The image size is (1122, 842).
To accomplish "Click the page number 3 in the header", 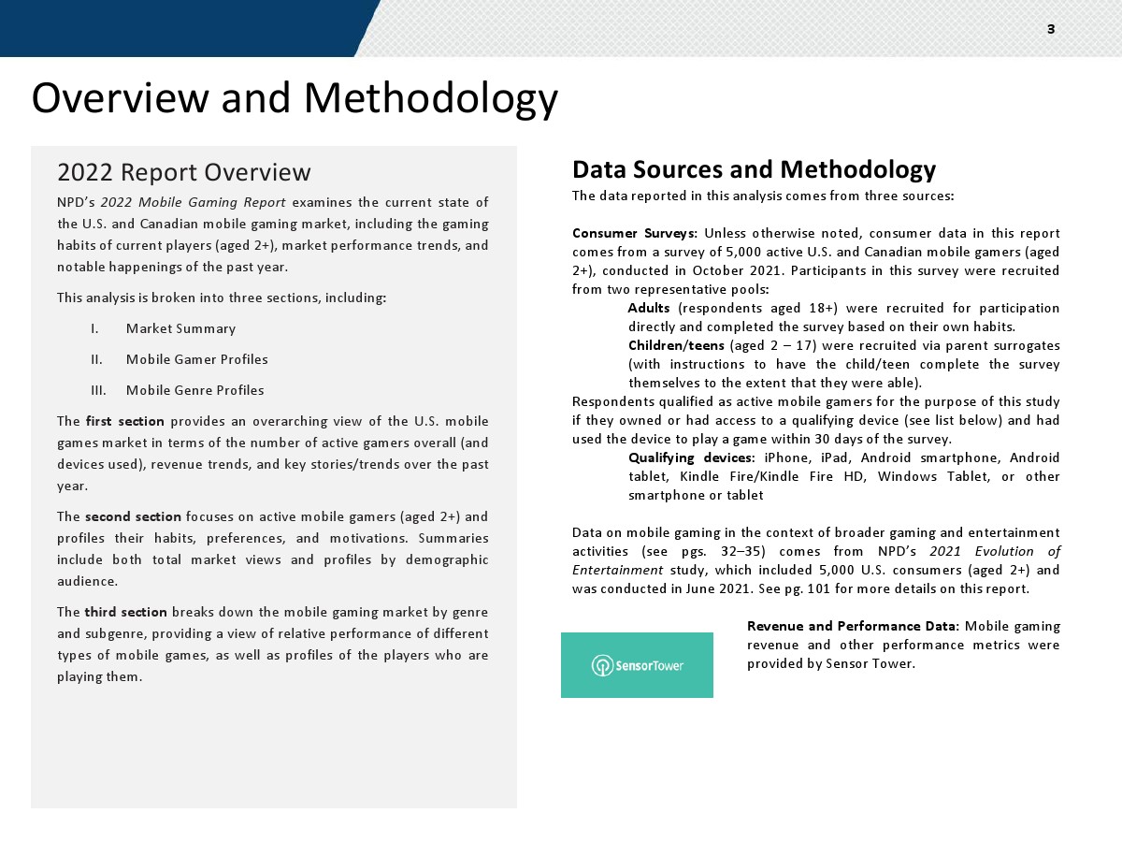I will [x=1051, y=29].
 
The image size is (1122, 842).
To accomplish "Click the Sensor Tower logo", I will [x=637, y=665].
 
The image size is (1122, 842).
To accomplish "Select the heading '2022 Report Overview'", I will [x=184, y=173].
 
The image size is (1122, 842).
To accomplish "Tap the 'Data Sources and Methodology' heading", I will [x=754, y=169].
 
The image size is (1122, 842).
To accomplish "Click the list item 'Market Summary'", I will [x=180, y=328].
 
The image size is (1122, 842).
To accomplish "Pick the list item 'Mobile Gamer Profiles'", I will [x=196, y=359].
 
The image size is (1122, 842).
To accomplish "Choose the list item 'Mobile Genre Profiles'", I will [x=194, y=390].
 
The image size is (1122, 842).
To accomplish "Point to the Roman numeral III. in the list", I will [x=98, y=390].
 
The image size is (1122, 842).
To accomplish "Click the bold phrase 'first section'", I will [x=124, y=421].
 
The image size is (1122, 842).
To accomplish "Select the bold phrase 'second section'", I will [x=133, y=516].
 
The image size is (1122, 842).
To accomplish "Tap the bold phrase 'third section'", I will [x=126, y=612].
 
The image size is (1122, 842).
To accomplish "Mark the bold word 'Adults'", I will [x=649, y=308].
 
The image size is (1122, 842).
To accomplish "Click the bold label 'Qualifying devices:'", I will [x=691, y=457].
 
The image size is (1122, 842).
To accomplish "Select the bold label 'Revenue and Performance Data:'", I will [x=852, y=626].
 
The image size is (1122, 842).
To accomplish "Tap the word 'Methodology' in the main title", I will [x=431, y=98].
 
